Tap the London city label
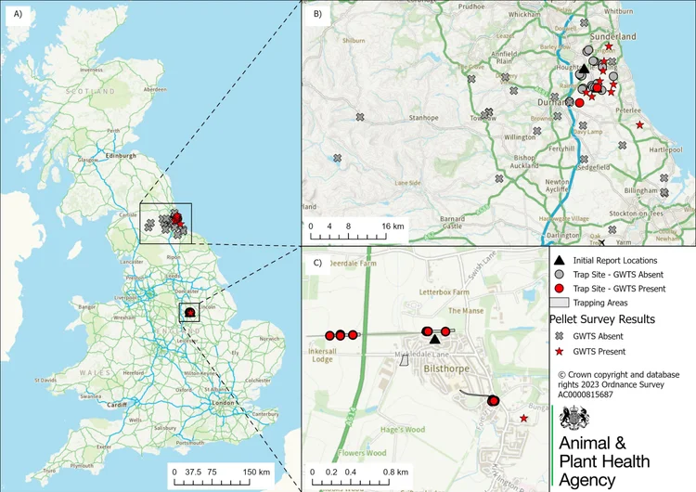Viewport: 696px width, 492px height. click(x=223, y=403)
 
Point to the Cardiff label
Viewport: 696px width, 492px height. click(x=116, y=405)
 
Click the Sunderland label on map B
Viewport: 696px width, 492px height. click(x=614, y=36)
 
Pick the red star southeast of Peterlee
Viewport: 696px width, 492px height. click(x=639, y=123)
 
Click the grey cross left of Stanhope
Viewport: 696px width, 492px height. click(x=361, y=117)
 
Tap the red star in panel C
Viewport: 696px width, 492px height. click(x=524, y=420)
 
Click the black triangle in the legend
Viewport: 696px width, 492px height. click(x=558, y=261)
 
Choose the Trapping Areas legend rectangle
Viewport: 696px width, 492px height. click(x=558, y=303)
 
